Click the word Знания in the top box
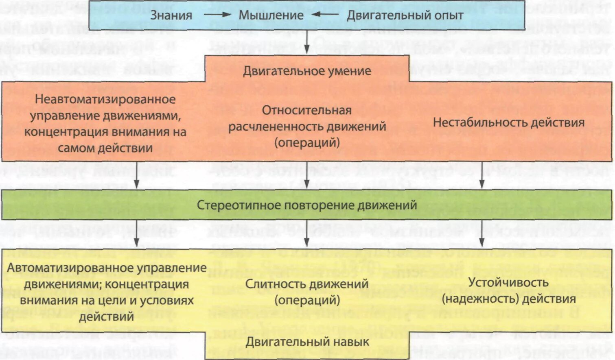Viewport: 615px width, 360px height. click(x=171, y=15)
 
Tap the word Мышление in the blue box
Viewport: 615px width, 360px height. click(x=271, y=15)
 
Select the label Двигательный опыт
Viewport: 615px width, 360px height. click(x=405, y=15)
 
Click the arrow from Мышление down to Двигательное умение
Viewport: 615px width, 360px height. click(x=307, y=42)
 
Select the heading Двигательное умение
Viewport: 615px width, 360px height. click(x=307, y=71)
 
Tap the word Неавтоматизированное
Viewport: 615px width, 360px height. click(x=105, y=99)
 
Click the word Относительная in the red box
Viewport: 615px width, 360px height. click(x=306, y=110)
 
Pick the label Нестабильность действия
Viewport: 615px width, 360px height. click(x=508, y=122)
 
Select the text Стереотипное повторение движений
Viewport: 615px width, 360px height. click(x=307, y=205)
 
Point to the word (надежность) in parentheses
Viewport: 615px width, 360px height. click(x=474, y=299)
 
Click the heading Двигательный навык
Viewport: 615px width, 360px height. click(x=307, y=342)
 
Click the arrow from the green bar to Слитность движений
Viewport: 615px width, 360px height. click(x=307, y=233)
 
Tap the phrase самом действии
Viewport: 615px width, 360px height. click(x=105, y=148)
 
